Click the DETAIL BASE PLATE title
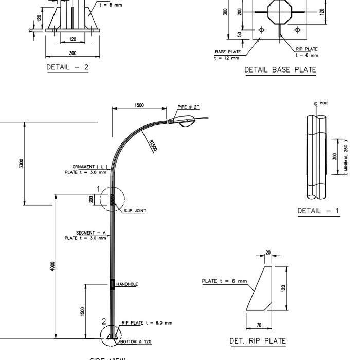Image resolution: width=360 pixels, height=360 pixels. pos(280,70)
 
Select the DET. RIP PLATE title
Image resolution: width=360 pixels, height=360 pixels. pos(257,340)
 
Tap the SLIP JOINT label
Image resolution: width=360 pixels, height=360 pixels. pos(134,211)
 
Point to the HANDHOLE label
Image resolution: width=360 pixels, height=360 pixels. pos(127,284)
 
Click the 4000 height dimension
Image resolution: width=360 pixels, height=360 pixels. pos(52,266)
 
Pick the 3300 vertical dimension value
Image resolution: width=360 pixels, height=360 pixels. pos(21,164)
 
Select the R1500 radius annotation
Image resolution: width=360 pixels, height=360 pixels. pos(153,146)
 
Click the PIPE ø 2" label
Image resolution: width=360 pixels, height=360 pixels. pos(188,106)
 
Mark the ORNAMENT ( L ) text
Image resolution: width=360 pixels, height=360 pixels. pos(90,167)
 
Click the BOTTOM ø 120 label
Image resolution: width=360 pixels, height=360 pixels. pos(136,341)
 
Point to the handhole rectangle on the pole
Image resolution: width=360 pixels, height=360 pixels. pos(112,284)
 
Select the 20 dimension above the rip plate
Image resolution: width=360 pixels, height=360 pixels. pos(268,253)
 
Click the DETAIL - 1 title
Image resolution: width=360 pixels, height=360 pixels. pos(318,211)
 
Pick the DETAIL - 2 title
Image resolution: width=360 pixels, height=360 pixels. pos(67,67)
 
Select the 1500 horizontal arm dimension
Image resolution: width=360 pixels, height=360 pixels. pos(139,105)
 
